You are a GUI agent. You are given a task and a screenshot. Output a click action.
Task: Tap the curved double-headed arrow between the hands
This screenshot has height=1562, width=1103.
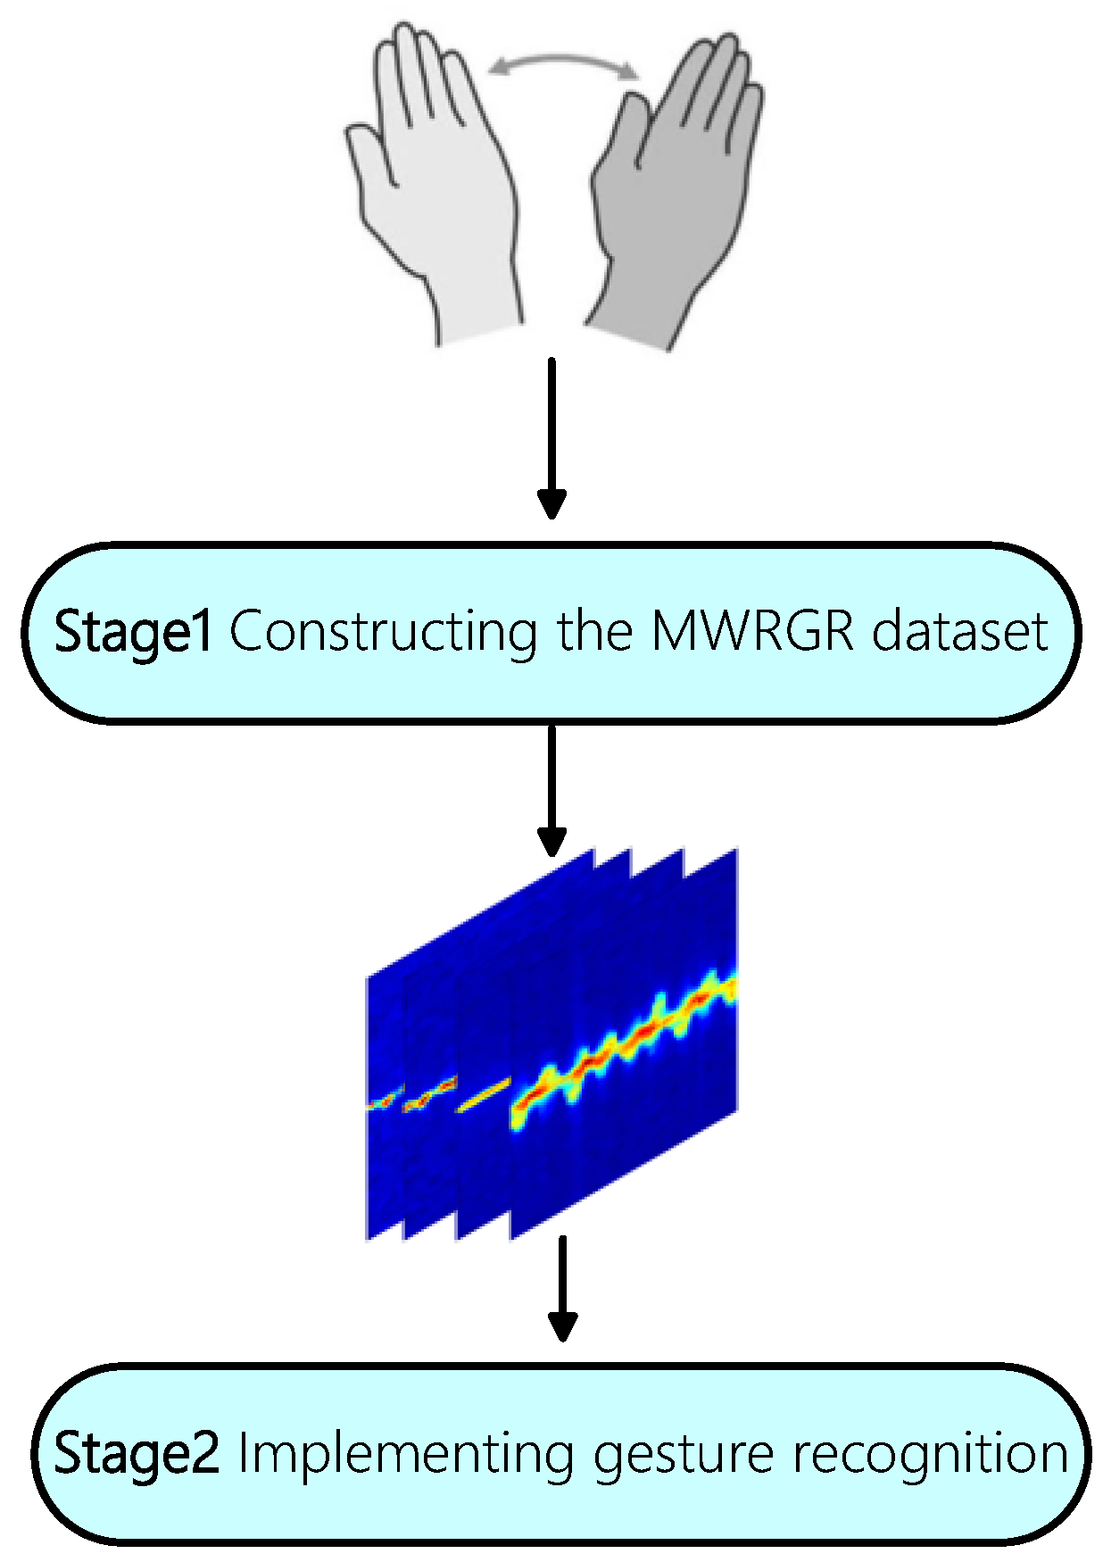[564, 61]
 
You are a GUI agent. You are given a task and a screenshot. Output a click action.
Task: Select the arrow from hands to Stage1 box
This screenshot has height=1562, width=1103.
[551, 437]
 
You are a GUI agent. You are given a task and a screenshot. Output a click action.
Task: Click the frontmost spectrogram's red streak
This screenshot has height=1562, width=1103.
[625, 1044]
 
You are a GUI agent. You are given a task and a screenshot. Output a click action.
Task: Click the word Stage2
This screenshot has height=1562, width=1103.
[136, 1453]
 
